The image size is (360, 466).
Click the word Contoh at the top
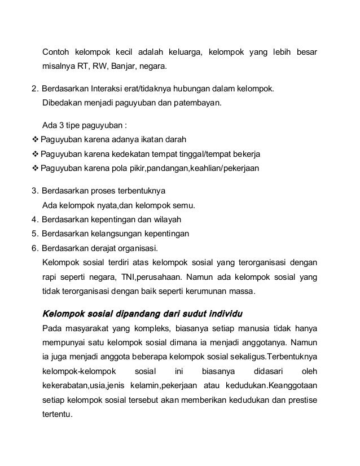click(x=56, y=54)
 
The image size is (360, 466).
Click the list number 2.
click(x=34, y=89)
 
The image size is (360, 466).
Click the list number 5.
click(x=34, y=234)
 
